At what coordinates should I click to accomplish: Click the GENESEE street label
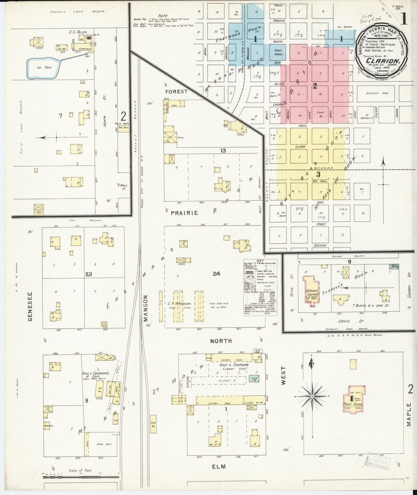pyautogui.click(x=30, y=306)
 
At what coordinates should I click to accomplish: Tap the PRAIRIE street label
pyautogui.click(x=184, y=213)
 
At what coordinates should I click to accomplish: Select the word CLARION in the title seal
pyautogui.click(x=383, y=61)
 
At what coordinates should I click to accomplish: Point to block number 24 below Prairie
pyautogui.click(x=216, y=273)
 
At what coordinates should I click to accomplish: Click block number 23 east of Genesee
pyautogui.click(x=88, y=274)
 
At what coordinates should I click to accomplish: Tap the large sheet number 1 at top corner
pyautogui.click(x=403, y=19)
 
